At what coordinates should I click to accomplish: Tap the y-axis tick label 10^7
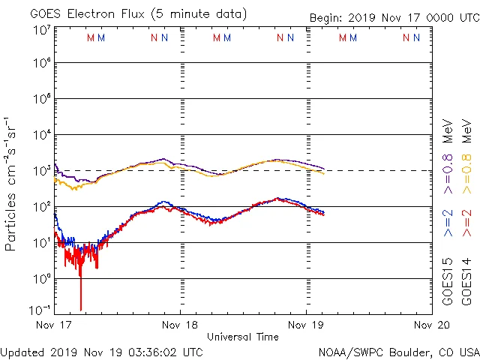pyautogui.click(x=42, y=30)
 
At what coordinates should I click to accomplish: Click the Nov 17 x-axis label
pyautogui.click(x=54, y=325)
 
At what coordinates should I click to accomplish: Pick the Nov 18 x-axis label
pyautogui.click(x=180, y=325)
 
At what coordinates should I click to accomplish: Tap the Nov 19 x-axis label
pyautogui.click(x=306, y=325)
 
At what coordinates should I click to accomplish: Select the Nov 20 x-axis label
pyautogui.click(x=432, y=325)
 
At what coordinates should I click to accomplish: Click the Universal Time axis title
pyautogui.click(x=243, y=337)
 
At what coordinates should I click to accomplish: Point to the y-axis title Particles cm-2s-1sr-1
pyautogui.click(x=11, y=184)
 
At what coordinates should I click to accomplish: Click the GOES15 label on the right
pyautogui.click(x=448, y=282)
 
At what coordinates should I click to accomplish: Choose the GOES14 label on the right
pyautogui.click(x=466, y=282)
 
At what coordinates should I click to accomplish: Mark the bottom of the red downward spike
pyautogui.click(x=80, y=309)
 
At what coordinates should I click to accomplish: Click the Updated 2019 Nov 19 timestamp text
pyautogui.click(x=101, y=352)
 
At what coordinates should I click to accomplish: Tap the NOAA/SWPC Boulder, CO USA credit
pyautogui.click(x=398, y=352)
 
